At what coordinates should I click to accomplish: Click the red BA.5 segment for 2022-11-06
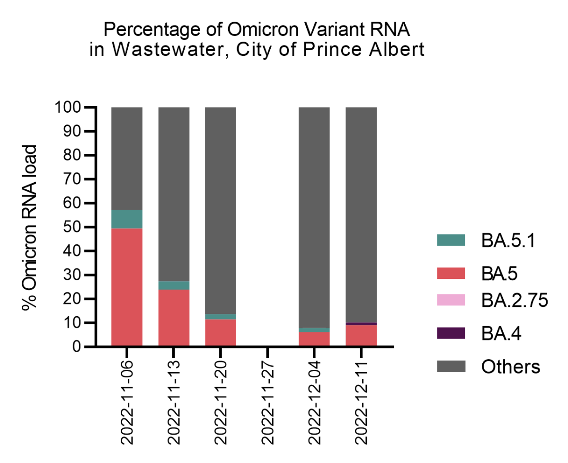pyautogui.click(x=127, y=287)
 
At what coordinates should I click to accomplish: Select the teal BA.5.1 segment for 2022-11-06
pyautogui.click(x=127, y=219)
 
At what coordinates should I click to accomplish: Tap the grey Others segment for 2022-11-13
pyautogui.click(x=174, y=194)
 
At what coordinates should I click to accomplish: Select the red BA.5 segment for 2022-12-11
pyautogui.click(x=361, y=336)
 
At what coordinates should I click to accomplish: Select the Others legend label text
pyautogui.click(x=510, y=366)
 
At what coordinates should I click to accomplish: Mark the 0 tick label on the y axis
pyautogui.click(x=77, y=347)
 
